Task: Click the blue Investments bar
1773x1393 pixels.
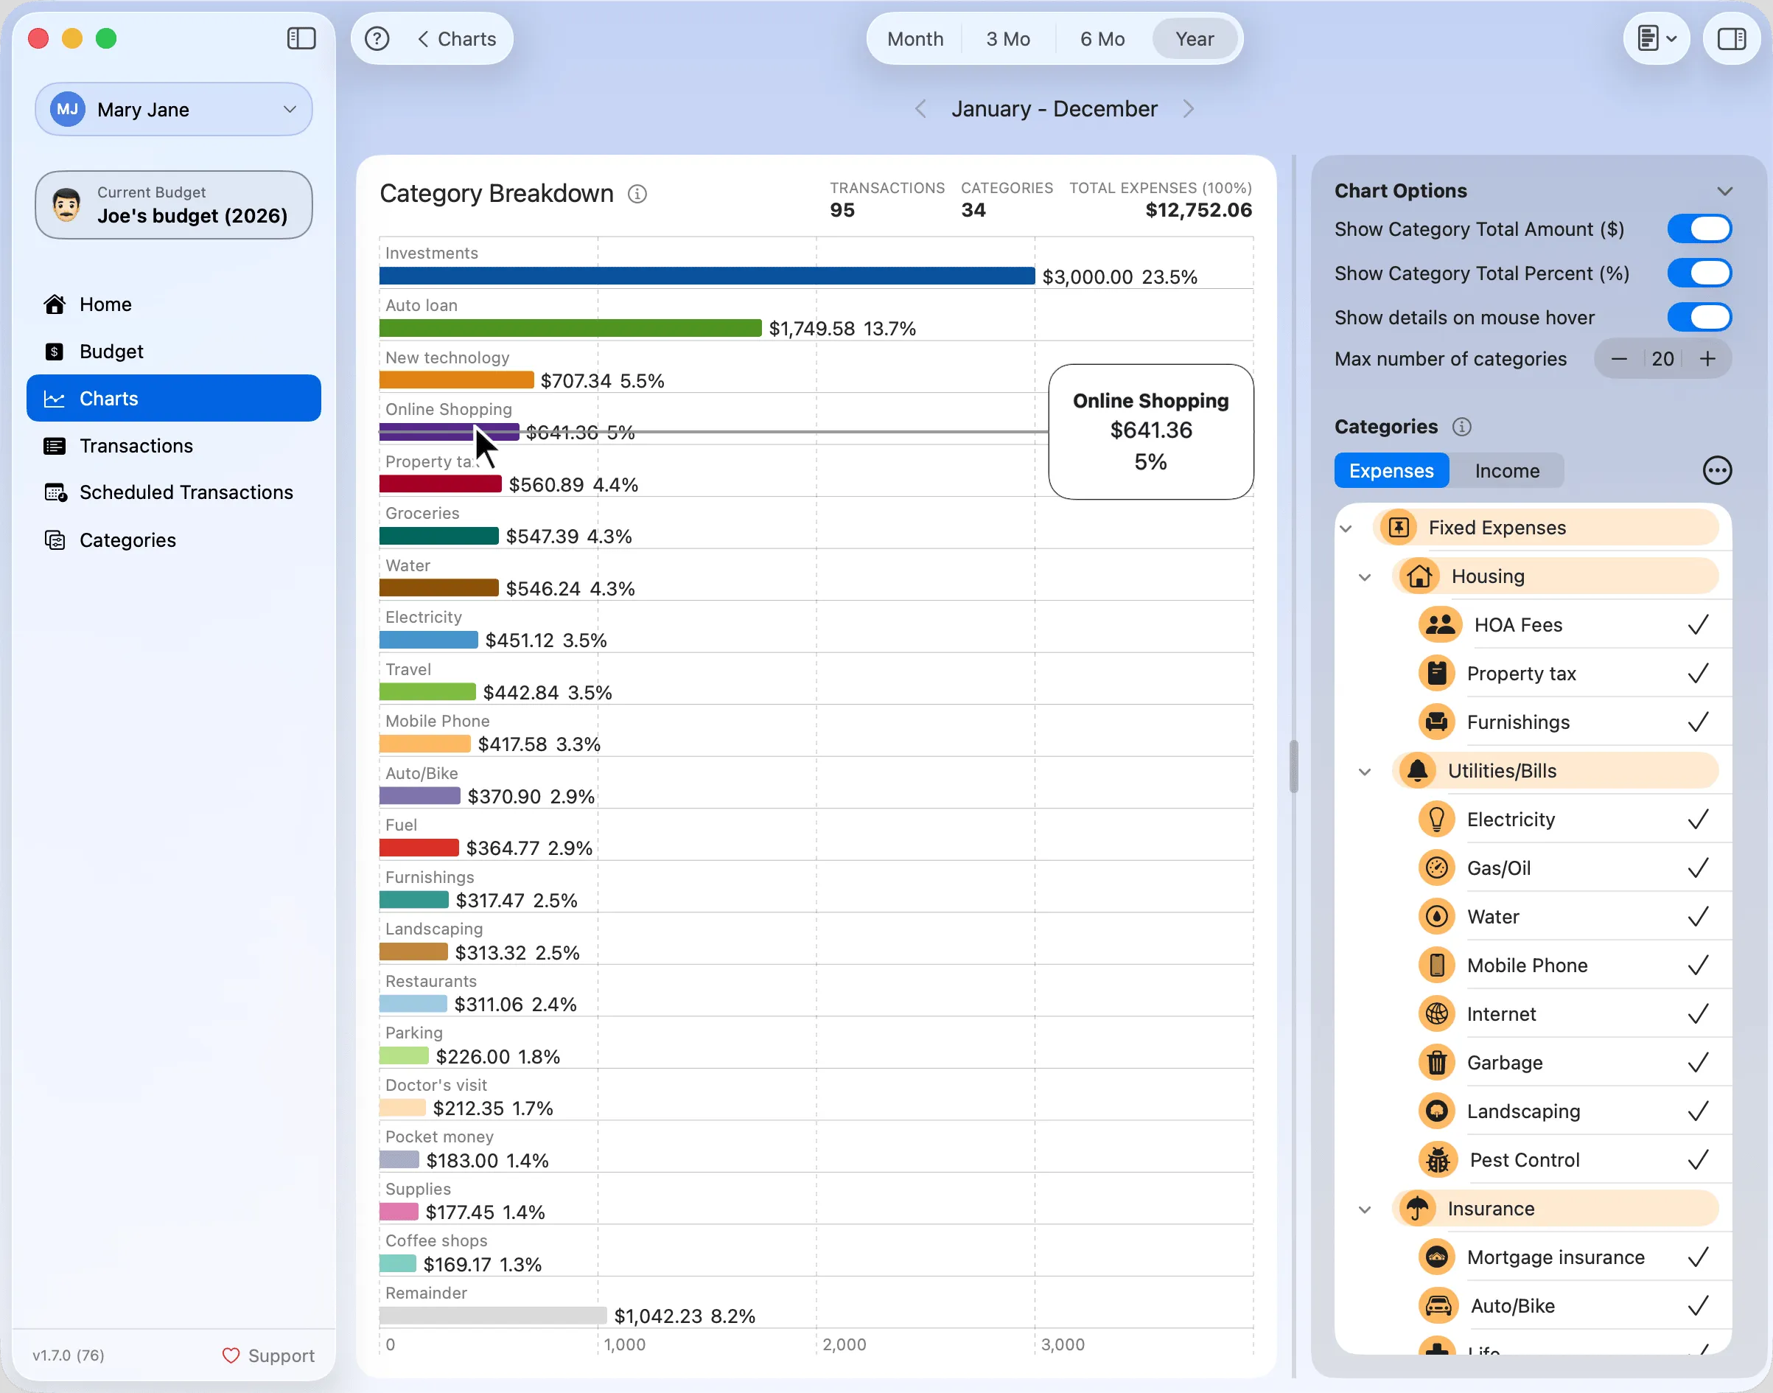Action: click(707, 276)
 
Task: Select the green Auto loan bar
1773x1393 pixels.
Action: click(570, 328)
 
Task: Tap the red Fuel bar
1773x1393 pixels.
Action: click(419, 848)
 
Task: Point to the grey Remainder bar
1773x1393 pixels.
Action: click(492, 1316)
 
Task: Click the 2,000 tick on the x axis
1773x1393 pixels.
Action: click(844, 1344)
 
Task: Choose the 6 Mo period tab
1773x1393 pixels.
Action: click(1102, 39)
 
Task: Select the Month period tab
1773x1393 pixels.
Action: click(915, 39)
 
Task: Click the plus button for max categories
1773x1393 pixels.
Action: click(1707, 359)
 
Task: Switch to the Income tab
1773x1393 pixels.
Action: click(1506, 470)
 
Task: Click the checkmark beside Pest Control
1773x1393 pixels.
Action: click(1698, 1160)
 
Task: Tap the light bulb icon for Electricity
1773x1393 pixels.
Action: click(1436, 820)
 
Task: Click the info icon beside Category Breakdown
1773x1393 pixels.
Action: click(637, 194)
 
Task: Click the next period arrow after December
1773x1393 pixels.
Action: click(1188, 109)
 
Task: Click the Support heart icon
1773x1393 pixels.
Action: click(231, 1355)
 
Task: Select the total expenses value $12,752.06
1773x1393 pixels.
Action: click(1198, 210)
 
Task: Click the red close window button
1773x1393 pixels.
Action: click(38, 38)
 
